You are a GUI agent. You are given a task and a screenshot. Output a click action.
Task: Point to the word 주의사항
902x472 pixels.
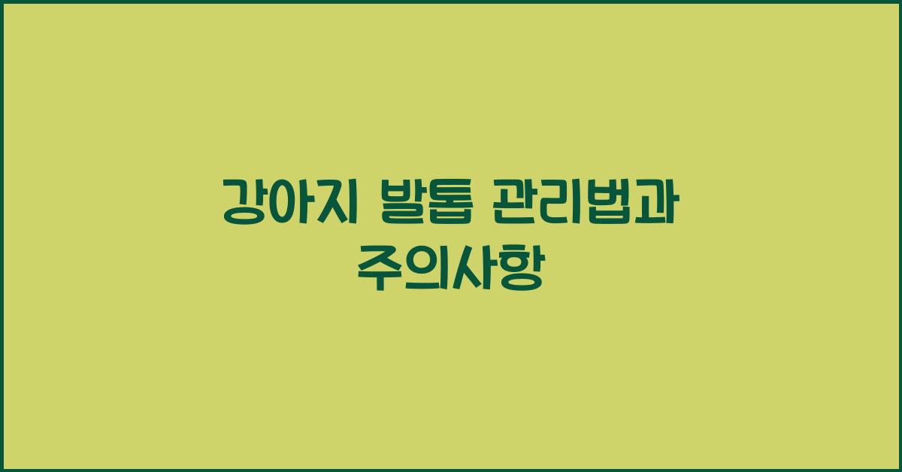tap(450, 268)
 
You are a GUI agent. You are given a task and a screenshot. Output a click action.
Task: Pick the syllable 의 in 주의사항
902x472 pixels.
tap(425, 268)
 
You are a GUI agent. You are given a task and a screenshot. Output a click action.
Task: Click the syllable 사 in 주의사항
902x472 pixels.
tap(473, 268)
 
